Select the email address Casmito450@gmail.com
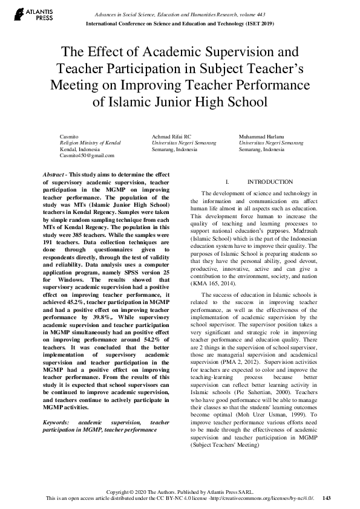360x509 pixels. click(87, 155)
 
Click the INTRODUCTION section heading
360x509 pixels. click(261, 182)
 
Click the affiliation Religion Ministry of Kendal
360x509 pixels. click(90, 142)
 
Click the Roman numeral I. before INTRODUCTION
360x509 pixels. click(226, 182)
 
